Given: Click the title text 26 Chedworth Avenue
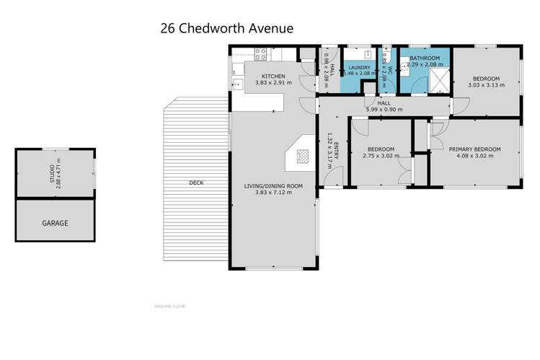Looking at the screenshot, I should coord(226,29).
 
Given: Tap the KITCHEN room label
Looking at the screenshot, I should coord(273,76).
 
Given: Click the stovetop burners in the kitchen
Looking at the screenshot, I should coord(261,53).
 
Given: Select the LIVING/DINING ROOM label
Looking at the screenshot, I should coord(273,186).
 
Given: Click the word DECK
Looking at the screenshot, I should coord(196,183).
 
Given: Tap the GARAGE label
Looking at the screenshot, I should coord(55,223).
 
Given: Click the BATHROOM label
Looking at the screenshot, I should coord(425,58).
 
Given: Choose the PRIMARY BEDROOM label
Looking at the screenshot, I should coord(474,149).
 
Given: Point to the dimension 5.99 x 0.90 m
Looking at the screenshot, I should coord(384,110).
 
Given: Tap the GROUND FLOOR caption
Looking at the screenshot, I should coord(169,306).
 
